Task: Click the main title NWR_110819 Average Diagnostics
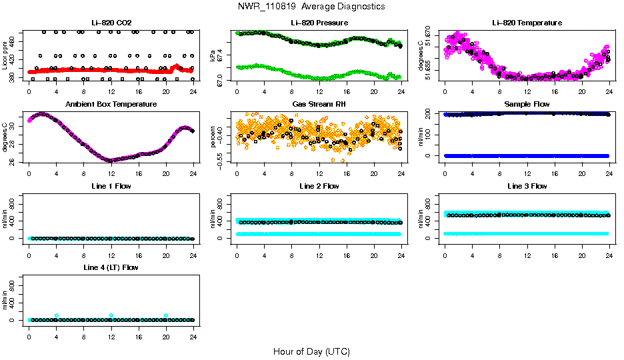click(311, 7)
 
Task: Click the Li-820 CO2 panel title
click(111, 23)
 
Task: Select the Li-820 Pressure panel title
click(319, 23)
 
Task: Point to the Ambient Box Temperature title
click(111, 105)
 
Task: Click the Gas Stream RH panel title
click(319, 105)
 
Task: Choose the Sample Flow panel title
click(527, 105)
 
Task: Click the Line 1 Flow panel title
click(111, 186)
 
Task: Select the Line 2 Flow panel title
click(319, 186)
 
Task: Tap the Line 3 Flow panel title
click(527, 186)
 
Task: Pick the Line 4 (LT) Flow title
click(111, 267)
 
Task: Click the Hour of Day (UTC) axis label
click(311, 351)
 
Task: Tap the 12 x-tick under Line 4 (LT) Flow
click(111, 329)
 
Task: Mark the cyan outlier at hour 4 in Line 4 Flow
click(57, 315)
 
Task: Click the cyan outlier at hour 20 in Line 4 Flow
click(166, 315)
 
